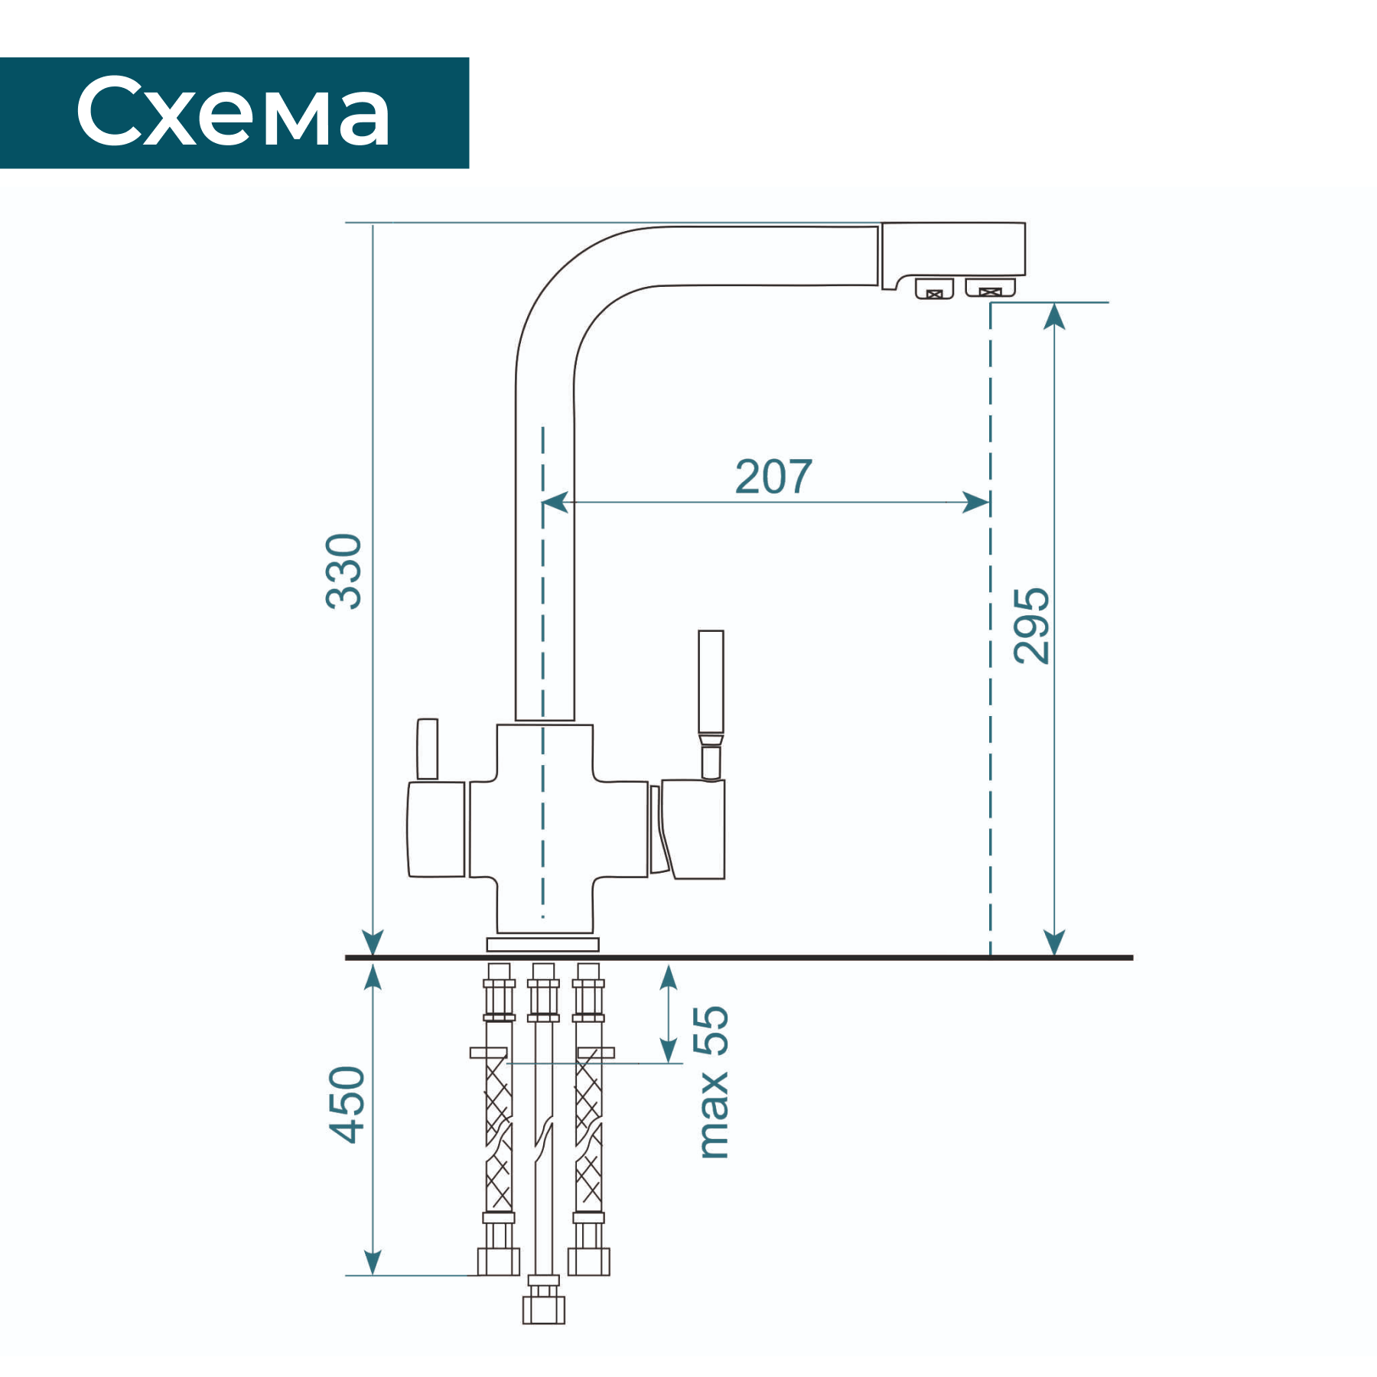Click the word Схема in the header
point(233,112)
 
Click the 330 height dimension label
point(343,571)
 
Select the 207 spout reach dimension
point(773,477)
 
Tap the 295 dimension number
point(1031,626)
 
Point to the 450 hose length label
point(347,1105)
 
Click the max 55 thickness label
point(711,1082)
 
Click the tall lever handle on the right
point(711,704)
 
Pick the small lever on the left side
point(427,748)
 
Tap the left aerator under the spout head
point(934,288)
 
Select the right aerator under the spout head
point(990,287)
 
